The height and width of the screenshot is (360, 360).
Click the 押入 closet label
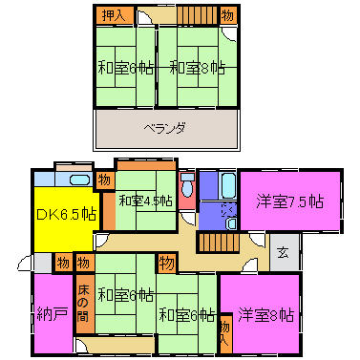(113, 15)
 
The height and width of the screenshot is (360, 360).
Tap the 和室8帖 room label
(198, 68)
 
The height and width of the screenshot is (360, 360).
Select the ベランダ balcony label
(164, 127)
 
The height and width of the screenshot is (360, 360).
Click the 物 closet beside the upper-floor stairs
(227, 15)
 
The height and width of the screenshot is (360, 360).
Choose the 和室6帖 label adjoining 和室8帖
(124, 68)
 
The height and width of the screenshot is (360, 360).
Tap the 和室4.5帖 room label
(145, 201)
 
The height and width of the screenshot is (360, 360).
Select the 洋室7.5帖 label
(288, 201)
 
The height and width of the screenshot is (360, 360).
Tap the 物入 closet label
(224, 329)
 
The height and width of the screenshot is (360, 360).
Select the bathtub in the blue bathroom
(228, 182)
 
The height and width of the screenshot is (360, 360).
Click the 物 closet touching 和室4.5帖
(104, 179)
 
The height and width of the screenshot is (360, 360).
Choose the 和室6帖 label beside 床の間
(125, 295)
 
